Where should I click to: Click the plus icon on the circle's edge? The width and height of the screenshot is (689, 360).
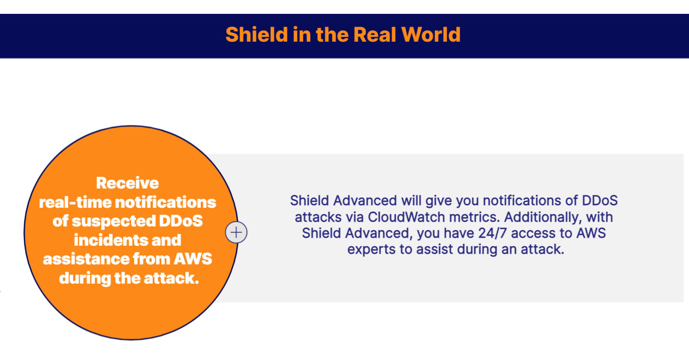tap(236, 232)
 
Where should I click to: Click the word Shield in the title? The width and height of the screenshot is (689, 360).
tap(256, 34)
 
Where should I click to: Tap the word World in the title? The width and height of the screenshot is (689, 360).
tap(431, 34)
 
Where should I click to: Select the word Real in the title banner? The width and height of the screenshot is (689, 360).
tap(374, 34)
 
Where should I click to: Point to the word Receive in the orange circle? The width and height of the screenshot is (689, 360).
tap(127, 183)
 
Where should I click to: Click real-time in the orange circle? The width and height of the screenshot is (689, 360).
tap(75, 202)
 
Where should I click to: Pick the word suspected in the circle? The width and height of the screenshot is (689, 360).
tap(114, 221)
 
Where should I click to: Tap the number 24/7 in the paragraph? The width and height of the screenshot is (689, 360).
tap(492, 233)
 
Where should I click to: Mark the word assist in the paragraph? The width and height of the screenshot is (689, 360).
tap(435, 249)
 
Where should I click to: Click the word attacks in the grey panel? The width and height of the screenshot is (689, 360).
tap(318, 217)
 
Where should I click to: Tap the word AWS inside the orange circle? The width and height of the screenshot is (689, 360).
tap(193, 259)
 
